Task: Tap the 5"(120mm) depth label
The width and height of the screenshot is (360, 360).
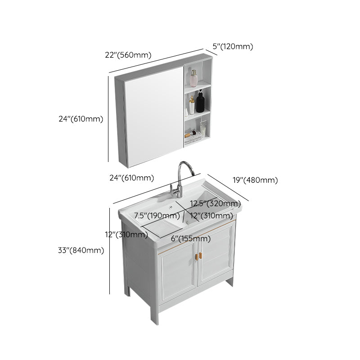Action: point(233,46)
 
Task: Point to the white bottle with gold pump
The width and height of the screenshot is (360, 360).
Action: point(191,107)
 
